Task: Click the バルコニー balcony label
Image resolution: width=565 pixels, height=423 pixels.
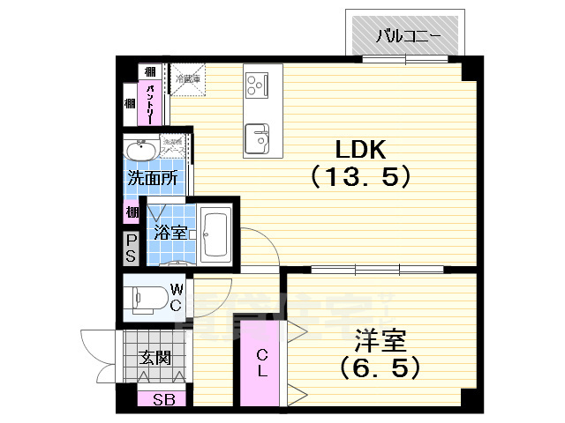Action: point(407,36)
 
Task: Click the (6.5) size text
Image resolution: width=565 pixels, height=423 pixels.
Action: point(374,366)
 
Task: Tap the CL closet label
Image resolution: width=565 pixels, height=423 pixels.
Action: point(262,362)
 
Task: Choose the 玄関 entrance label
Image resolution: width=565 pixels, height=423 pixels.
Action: point(154,358)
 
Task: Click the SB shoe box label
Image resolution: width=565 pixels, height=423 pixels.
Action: point(163,399)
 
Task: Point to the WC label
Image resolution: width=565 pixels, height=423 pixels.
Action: point(176,297)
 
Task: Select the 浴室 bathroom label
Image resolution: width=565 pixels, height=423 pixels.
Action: point(168,233)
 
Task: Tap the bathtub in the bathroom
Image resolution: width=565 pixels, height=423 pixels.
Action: point(215,234)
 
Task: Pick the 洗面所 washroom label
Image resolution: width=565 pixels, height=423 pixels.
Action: point(153,176)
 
